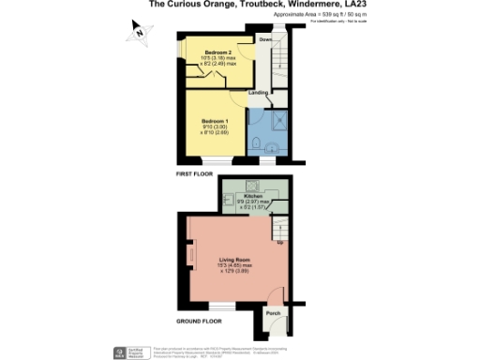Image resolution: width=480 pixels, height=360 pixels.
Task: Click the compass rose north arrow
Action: coord(137,35)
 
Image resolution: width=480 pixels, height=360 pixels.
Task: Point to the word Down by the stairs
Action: coord(265,41)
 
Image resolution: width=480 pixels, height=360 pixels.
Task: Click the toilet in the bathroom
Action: coord(257,142)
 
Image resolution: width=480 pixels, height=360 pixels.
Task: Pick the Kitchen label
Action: coord(254,196)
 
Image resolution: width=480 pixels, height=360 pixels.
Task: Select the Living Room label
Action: coord(232,262)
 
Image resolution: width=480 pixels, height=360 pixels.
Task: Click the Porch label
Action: coord(274,313)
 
